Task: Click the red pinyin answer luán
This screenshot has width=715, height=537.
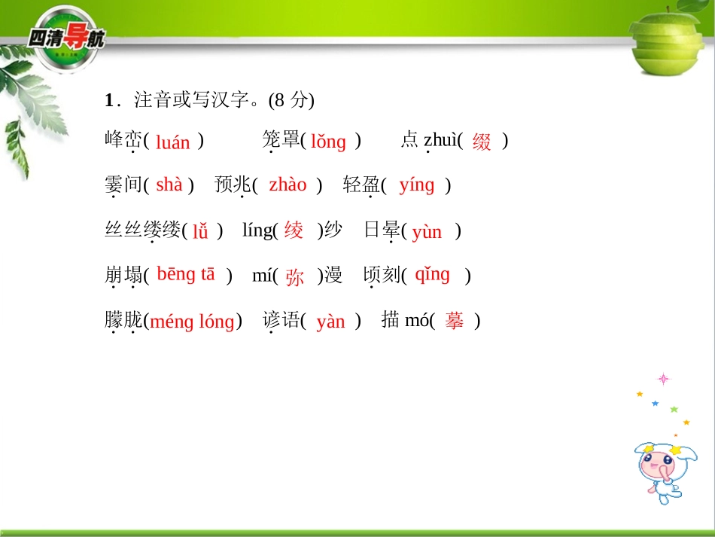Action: point(173,142)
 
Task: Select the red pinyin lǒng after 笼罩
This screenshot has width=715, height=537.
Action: point(328,142)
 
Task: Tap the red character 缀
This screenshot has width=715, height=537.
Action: point(482,142)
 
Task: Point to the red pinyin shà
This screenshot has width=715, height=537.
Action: point(169,185)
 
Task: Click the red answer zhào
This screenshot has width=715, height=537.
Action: point(288,185)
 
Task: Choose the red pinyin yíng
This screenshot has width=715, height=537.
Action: point(417,185)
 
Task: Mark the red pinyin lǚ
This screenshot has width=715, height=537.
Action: point(200,231)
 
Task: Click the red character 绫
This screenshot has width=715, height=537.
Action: point(294,230)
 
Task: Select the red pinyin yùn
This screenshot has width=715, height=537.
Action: point(427,231)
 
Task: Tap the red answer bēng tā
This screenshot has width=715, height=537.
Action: point(186,275)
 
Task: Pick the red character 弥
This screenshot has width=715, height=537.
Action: point(294,276)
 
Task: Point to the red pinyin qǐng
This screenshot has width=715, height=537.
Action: point(432,275)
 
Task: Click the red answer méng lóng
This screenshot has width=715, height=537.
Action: point(192,322)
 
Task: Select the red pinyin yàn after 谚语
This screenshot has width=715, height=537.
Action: point(330,322)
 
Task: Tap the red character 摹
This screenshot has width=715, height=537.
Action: point(454,321)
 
